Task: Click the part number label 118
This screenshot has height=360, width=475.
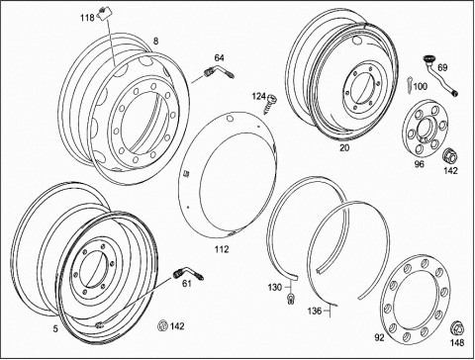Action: coord(87,18)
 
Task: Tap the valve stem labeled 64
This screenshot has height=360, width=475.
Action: coord(219,72)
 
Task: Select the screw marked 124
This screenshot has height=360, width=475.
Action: coord(271,103)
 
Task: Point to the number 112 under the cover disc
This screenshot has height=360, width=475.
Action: coord(222,249)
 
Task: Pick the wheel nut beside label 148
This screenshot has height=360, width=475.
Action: coord(457,328)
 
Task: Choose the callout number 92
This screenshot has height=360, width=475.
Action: coord(379,337)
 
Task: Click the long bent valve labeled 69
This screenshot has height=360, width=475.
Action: coord(440,76)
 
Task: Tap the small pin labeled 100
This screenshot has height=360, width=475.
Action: coord(409,85)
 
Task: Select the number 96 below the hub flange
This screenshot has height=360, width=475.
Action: coord(419,164)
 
